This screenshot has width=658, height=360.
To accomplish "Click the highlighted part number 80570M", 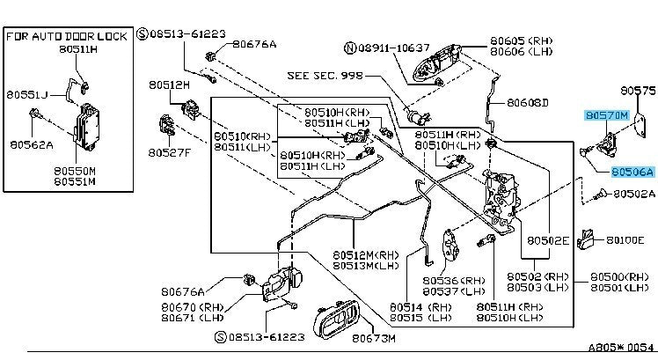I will (606, 115).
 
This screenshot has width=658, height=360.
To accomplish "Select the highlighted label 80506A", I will (633, 173).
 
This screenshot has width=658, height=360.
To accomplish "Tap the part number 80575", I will (638, 91).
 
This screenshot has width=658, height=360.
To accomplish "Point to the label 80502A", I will (634, 194).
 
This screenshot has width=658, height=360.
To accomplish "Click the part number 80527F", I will (169, 152).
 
